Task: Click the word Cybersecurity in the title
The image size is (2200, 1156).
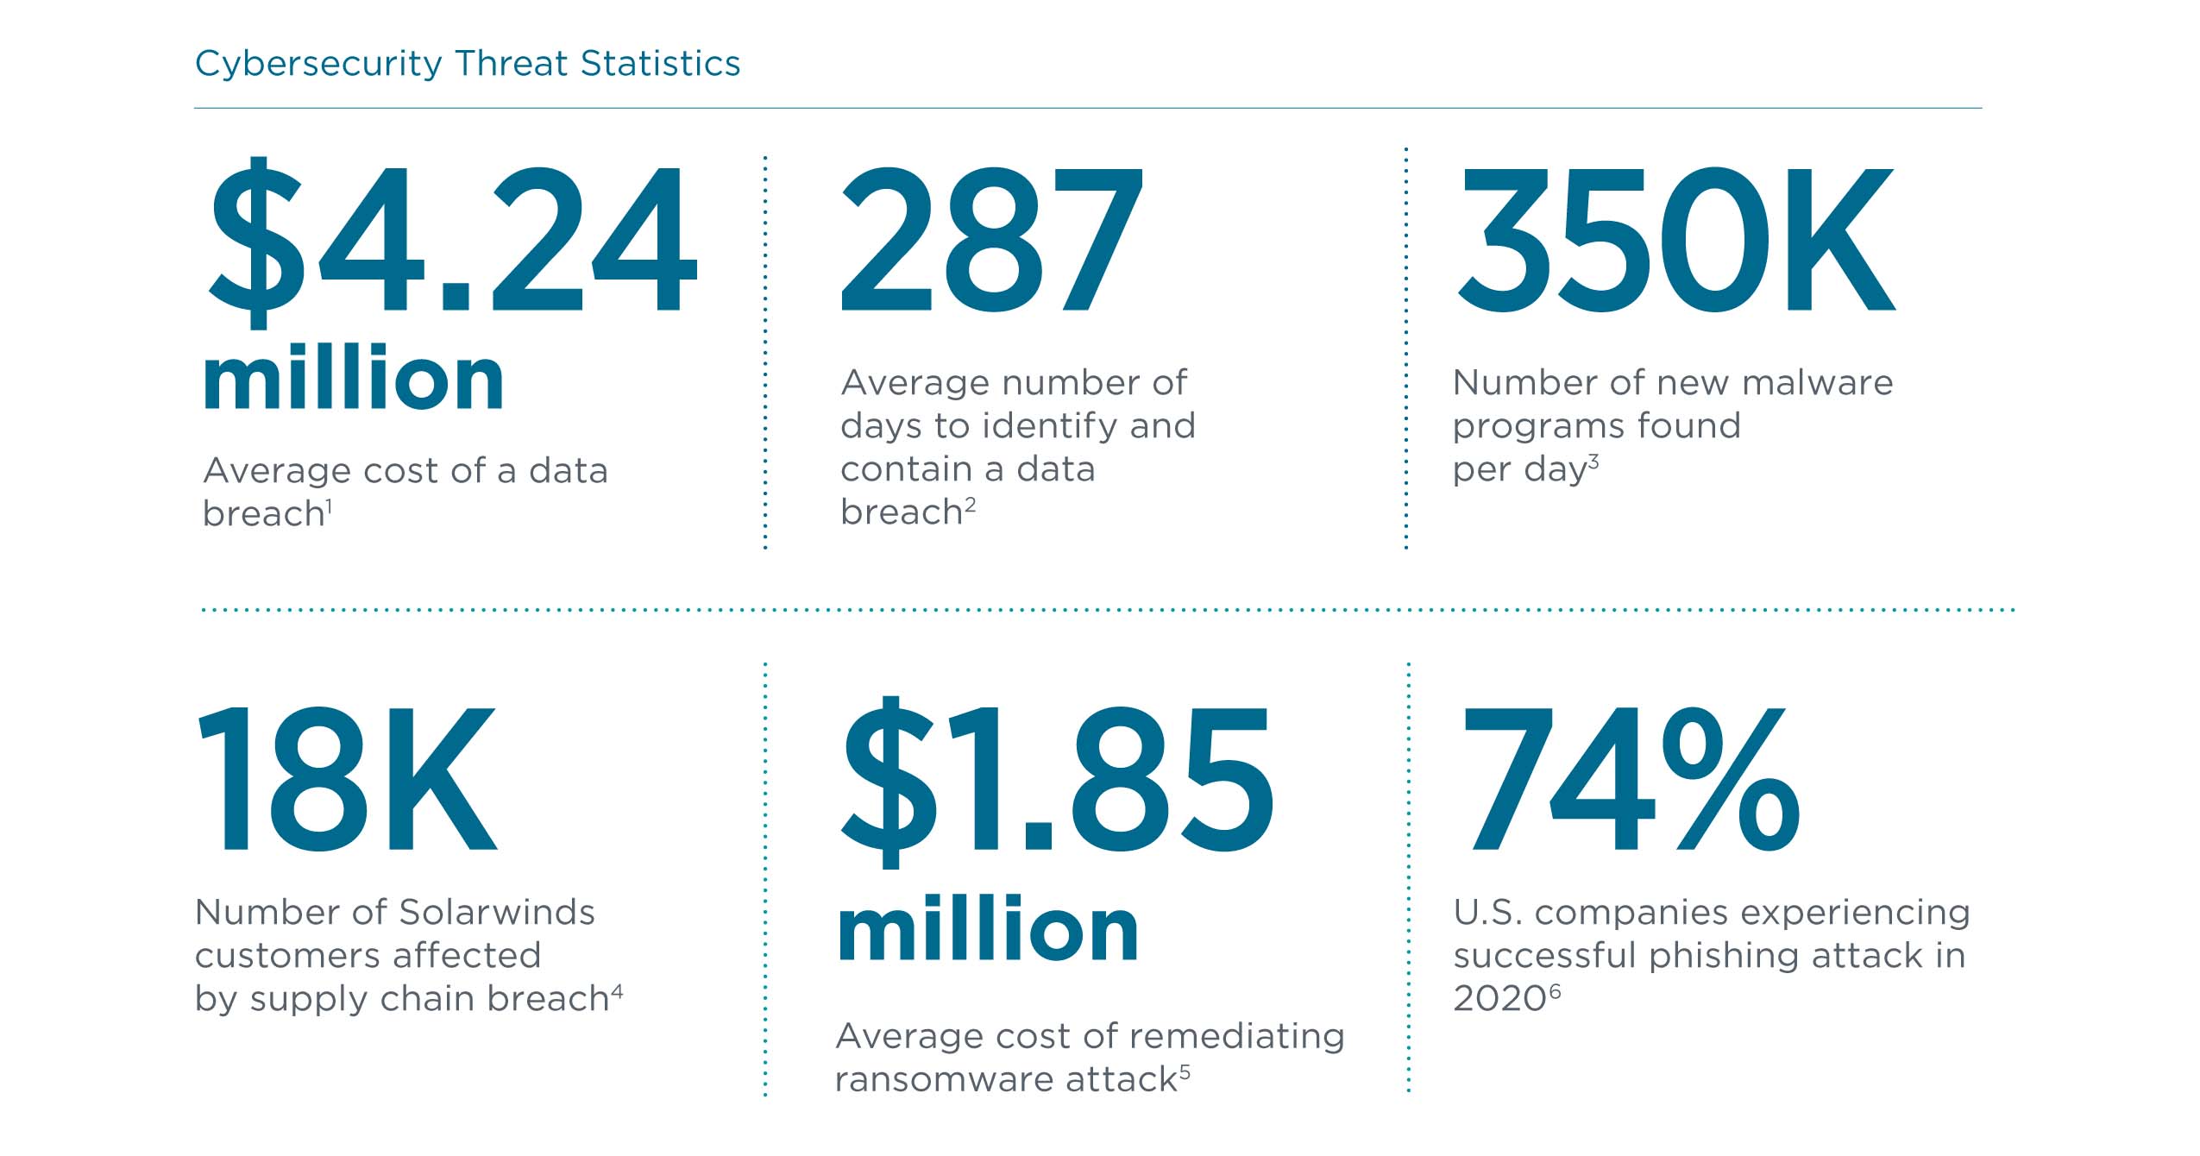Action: click(x=318, y=65)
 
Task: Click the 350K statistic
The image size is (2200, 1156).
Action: click(x=1674, y=239)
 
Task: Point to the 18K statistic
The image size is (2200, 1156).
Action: click(x=347, y=779)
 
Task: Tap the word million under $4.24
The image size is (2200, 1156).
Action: click(x=354, y=380)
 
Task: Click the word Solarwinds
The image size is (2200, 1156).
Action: click(x=497, y=913)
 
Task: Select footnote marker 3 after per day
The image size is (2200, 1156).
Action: click(x=1593, y=462)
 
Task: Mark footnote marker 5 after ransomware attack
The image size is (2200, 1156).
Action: click(x=1185, y=1072)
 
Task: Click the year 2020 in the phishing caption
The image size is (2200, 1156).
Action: click(x=1499, y=999)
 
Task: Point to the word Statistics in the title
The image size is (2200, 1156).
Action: click(x=660, y=65)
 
